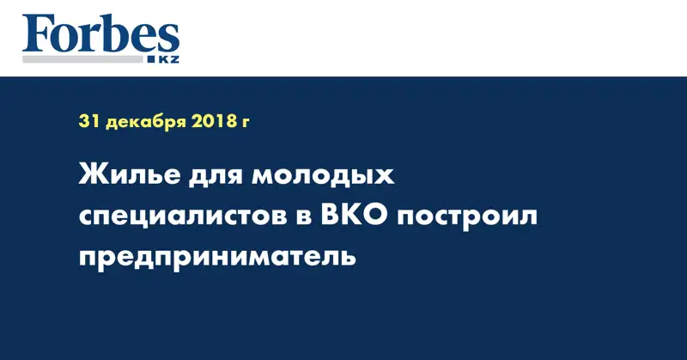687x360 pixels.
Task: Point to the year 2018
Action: (x=210, y=122)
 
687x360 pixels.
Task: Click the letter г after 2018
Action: (x=246, y=123)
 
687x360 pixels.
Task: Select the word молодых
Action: (x=323, y=180)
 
